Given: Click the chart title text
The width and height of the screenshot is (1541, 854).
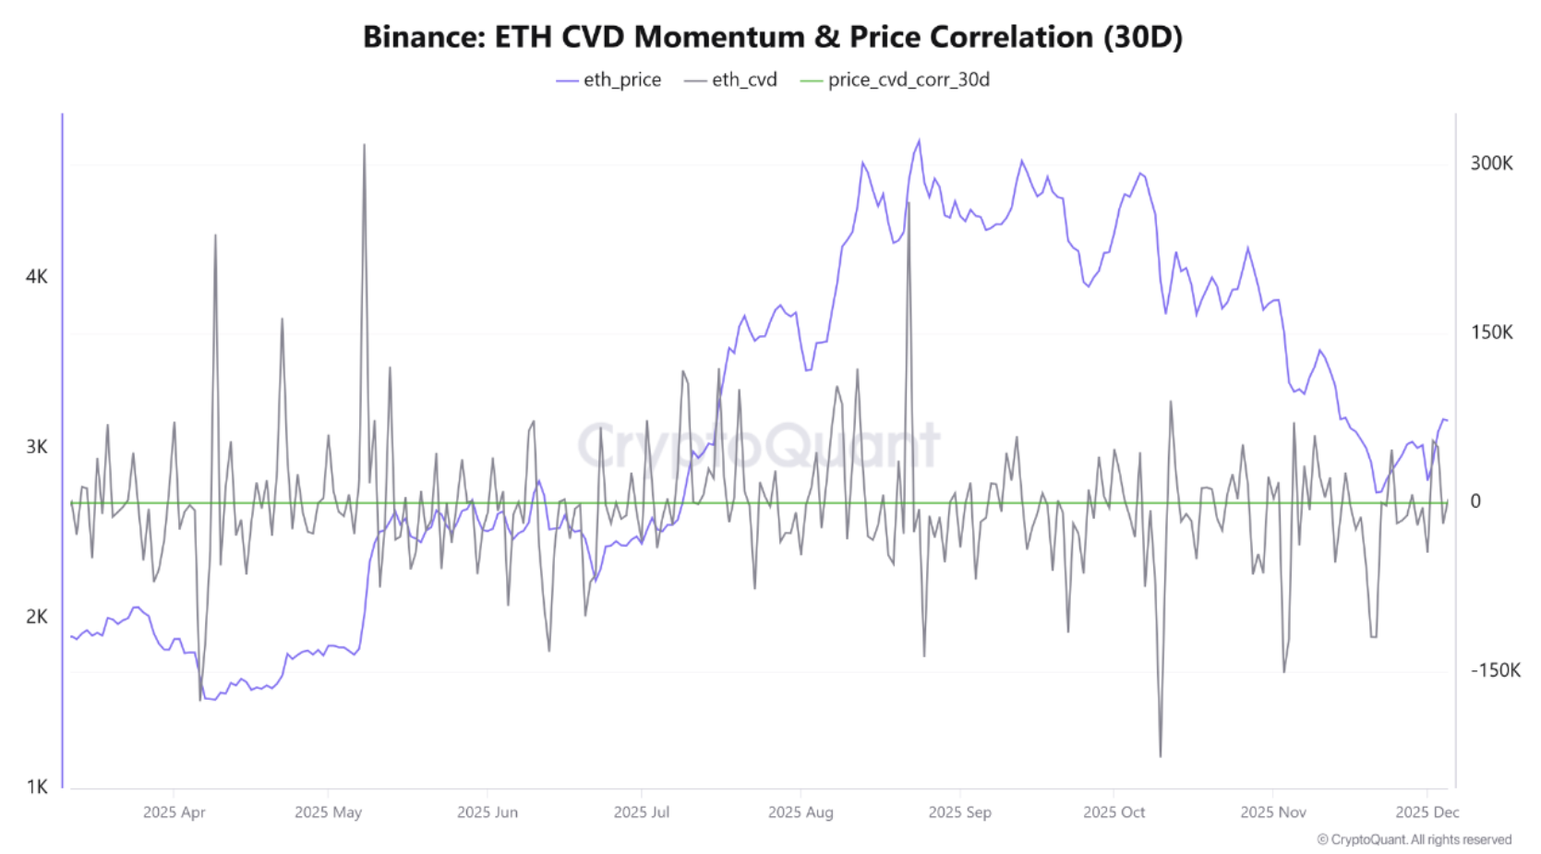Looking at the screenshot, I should (x=772, y=37).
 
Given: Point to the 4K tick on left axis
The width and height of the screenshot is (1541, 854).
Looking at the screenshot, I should (x=37, y=277).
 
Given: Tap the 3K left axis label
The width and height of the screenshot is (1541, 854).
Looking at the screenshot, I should (x=37, y=447).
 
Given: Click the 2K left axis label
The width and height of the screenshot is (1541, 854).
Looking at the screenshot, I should (x=37, y=617).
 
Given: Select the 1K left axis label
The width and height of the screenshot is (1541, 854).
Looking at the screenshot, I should (x=37, y=787).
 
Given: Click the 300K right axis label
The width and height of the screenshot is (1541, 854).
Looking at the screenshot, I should (x=1491, y=163).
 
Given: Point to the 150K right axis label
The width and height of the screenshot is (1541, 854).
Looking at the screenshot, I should (x=1491, y=332).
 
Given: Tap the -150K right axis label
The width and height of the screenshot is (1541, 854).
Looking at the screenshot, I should (x=1495, y=670).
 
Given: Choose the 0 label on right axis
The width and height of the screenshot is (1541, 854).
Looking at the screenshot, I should (x=1475, y=501).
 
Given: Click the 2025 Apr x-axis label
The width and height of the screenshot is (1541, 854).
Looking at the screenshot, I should (x=174, y=812).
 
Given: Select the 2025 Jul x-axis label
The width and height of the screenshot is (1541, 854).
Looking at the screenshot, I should (x=642, y=812).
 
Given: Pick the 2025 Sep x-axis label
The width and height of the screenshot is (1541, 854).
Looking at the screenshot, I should (x=959, y=812).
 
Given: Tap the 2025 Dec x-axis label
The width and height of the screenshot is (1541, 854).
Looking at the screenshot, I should (x=1427, y=812).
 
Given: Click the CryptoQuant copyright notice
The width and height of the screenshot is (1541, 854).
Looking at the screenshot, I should (x=1414, y=839).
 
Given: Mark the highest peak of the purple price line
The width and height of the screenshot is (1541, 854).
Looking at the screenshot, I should (x=919, y=141).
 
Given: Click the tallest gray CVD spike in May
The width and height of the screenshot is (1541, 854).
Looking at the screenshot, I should (x=364, y=145).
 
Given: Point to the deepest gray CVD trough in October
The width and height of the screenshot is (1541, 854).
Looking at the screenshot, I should (x=1161, y=756).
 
